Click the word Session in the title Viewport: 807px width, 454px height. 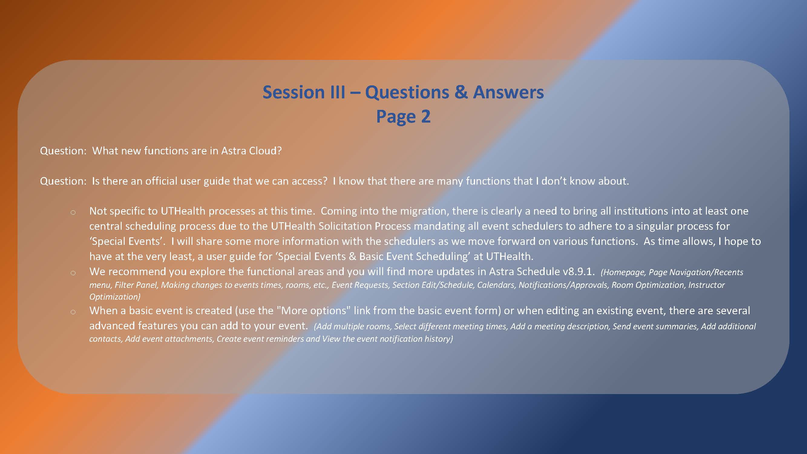pos(293,92)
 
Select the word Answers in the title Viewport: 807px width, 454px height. pos(508,92)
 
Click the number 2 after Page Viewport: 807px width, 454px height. pos(425,117)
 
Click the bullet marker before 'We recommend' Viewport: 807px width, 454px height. pos(73,273)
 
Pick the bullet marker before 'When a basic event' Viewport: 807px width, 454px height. pos(73,312)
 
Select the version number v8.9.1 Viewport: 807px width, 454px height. pos(578,272)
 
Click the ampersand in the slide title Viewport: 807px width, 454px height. pos(461,92)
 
